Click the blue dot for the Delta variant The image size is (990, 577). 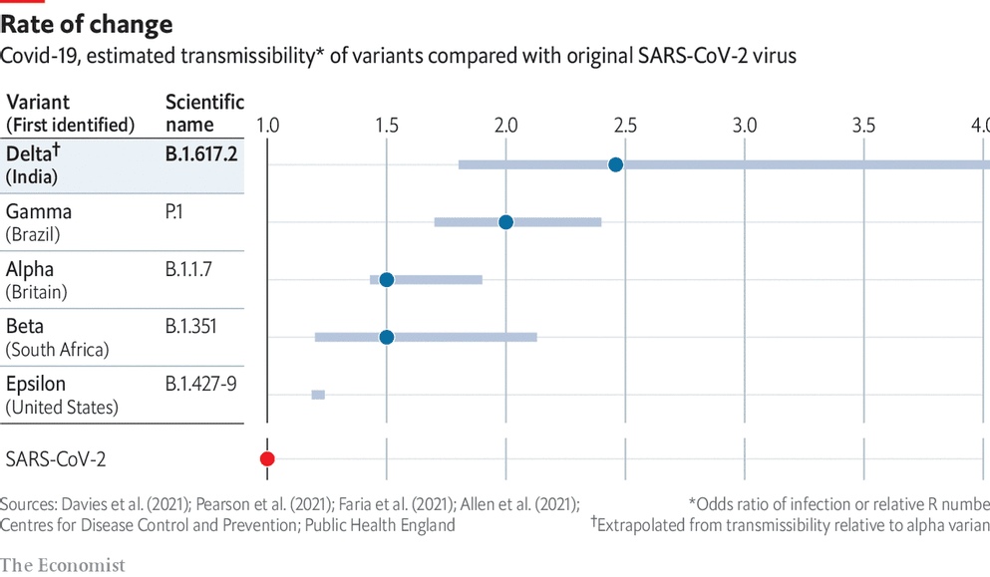(615, 164)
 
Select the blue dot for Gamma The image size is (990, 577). (505, 221)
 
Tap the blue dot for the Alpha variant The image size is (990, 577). (387, 279)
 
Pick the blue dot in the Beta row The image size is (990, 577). (387, 337)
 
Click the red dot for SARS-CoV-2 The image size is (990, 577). (267, 458)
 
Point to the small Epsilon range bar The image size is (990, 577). (318, 395)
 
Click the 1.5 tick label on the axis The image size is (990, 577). (387, 126)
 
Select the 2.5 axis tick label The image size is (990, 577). (625, 126)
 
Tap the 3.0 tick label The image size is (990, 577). (744, 126)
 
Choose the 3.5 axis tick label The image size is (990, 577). (863, 126)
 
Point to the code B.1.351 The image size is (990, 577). (190, 326)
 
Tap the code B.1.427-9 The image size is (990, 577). (201, 384)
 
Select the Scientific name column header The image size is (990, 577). (204, 113)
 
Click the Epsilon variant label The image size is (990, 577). (38, 384)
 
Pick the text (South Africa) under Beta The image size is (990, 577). (58, 350)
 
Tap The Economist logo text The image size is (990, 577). (63, 565)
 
